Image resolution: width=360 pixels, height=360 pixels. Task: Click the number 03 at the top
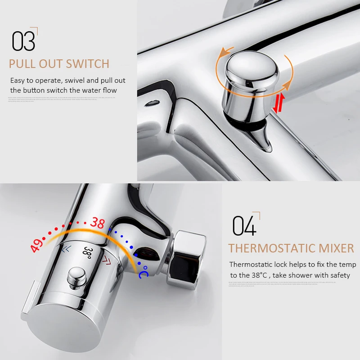(x=23, y=41)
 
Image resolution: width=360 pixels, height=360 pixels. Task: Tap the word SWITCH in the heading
(x=88, y=64)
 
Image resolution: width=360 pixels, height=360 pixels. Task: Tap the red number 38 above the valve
(x=97, y=222)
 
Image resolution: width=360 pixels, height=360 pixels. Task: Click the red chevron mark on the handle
(x=107, y=260)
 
